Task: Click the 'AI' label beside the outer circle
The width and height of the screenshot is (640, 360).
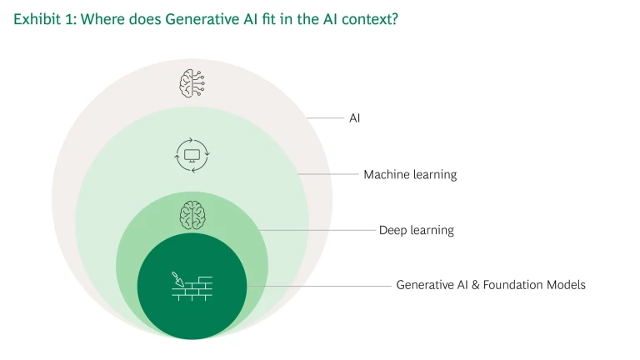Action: point(355,118)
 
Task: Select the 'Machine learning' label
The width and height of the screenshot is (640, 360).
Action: point(410,175)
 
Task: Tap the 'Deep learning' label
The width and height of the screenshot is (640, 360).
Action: point(417,230)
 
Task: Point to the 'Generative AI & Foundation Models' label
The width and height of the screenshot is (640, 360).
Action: point(491,284)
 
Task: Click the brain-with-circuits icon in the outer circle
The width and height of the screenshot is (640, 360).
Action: point(192,83)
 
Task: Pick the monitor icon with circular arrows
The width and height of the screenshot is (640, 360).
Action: point(192,156)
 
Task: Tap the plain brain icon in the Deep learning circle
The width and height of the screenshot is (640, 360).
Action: point(192,215)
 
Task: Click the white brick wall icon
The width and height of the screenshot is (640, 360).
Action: point(192,289)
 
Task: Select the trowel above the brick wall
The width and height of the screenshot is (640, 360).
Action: point(177,279)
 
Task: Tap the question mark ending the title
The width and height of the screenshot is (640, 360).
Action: point(394,19)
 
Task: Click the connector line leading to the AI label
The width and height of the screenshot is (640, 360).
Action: point(326,118)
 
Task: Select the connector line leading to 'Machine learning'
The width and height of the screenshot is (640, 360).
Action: point(328,174)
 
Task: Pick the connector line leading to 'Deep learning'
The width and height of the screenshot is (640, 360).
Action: point(317,230)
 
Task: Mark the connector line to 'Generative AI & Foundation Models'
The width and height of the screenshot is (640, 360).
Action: point(319,286)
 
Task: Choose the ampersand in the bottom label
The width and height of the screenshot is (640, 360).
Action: point(475,284)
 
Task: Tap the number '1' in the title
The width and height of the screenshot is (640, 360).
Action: point(70,19)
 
